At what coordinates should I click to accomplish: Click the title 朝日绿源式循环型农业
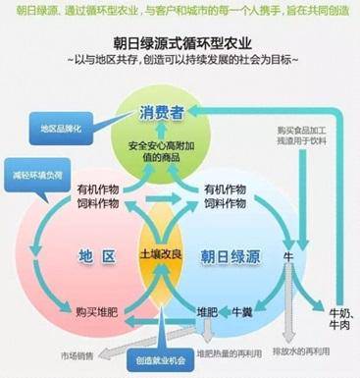pos(180,42)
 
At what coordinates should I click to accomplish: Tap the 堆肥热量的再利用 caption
pos(233,351)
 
